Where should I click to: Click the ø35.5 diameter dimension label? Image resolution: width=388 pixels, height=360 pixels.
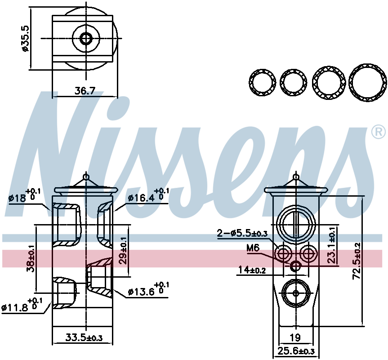pyautogui.click(x=26, y=38)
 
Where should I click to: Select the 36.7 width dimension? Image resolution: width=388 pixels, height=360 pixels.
pyautogui.click(x=85, y=91)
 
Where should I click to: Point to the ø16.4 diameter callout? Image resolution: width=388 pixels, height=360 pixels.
pyautogui.click(x=148, y=195)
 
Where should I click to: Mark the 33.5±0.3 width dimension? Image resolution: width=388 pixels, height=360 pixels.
pyautogui.click(x=84, y=337)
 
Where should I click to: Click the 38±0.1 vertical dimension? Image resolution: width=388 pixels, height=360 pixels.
pyautogui.click(x=31, y=258)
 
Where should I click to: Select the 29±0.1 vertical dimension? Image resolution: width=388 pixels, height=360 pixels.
pyautogui.click(x=123, y=251)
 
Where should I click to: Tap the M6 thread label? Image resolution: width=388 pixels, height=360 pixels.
pyautogui.click(x=253, y=247)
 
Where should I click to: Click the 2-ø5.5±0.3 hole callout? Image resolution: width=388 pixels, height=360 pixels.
pyautogui.click(x=242, y=234)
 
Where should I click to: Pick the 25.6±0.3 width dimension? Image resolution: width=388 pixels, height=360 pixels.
pyautogui.click(x=296, y=351)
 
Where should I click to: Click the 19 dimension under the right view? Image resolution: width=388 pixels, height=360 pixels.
pyautogui.click(x=295, y=337)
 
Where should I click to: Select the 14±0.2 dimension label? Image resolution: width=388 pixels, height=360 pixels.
pyautogui.click(x=252, y=270)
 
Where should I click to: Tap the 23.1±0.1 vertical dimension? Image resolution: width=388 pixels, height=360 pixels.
pyautogui.click(x=332, y=245)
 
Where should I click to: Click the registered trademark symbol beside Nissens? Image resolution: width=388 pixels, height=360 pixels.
pyautogui.click(x=379, y=132)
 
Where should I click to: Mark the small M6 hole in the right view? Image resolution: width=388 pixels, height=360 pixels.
pyautogui.click(x=295, y=266)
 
